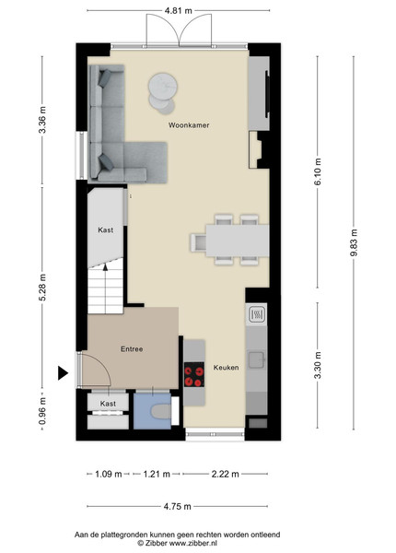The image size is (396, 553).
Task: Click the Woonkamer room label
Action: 189,125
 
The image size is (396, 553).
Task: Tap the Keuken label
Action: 226,368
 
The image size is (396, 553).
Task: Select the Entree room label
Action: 132,349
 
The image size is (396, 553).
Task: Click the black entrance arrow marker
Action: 63,372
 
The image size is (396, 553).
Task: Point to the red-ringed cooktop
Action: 194,374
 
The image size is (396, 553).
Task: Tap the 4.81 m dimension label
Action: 179,10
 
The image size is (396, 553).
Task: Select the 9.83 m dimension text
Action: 354,242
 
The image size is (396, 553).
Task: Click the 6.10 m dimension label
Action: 318,171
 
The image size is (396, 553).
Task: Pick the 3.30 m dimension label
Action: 318,365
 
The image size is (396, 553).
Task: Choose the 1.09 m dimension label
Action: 109,474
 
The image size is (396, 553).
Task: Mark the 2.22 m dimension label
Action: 225,474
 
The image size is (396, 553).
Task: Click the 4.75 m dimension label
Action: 177,506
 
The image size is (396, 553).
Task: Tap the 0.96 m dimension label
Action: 42,411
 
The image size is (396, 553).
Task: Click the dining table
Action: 238,241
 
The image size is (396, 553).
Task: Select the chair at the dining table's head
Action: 198,242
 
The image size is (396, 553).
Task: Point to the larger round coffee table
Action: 162,86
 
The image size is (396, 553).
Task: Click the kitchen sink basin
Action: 256,359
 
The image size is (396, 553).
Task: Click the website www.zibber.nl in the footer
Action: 193,543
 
